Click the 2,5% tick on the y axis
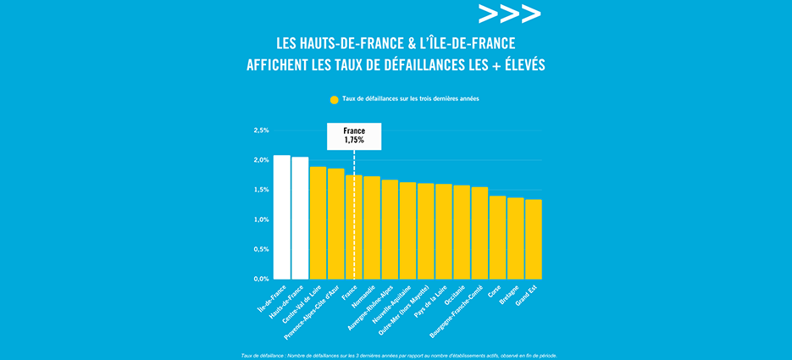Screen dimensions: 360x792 (261, 130)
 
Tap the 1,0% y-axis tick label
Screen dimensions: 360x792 (261, 219)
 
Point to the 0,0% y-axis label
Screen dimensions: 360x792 (261, 279)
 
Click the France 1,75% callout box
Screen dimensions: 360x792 (354, 136)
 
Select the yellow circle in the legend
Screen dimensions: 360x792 (335, 99)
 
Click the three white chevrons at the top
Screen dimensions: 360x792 (508, 14)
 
